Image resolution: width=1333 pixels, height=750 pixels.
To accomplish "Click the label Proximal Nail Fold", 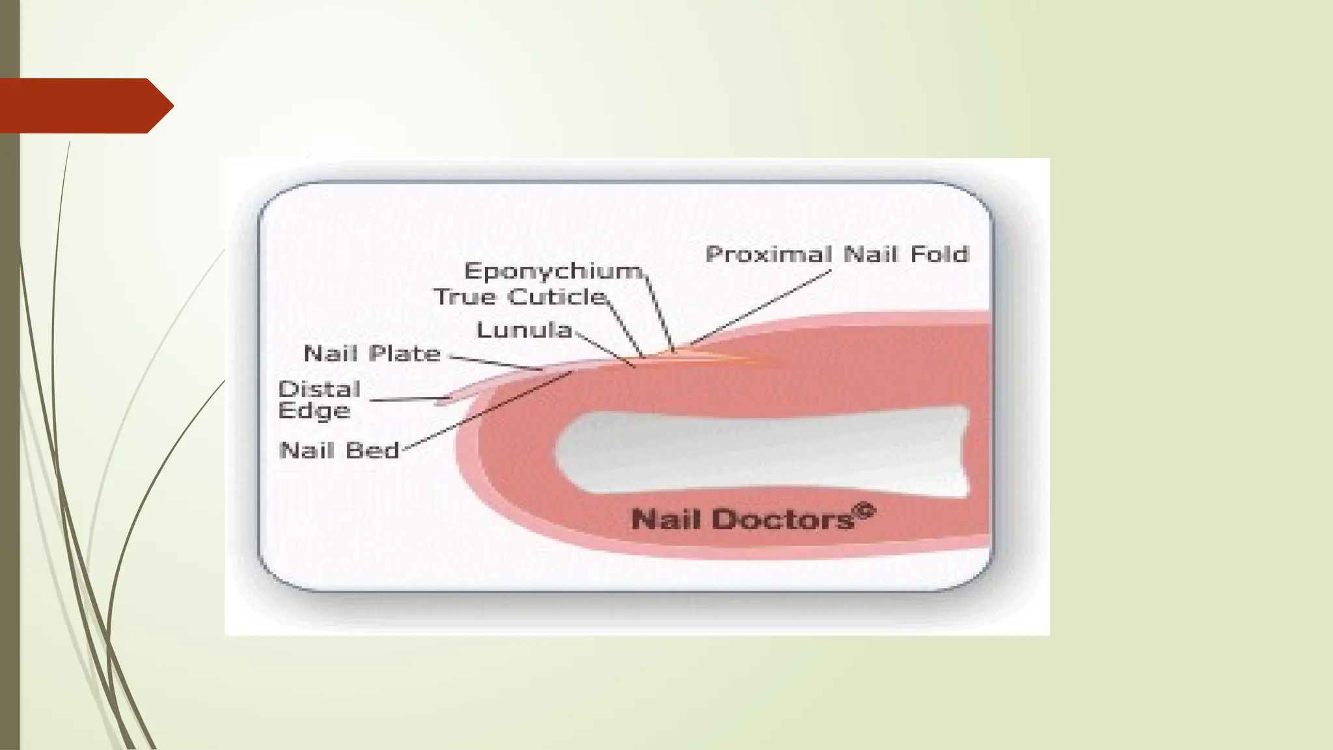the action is [x=838, y=254].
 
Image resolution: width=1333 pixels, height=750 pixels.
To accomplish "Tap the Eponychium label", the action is [x=554, y=271].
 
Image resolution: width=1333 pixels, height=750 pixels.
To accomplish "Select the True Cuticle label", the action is [x=521, y=297].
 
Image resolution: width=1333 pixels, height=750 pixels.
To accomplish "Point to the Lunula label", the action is [x=525, y=329].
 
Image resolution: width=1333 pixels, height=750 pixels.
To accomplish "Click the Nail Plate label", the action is [x=372, y=354].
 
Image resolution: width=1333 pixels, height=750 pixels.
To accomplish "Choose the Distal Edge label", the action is [x=319, y=400].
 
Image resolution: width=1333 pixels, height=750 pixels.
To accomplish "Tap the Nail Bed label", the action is [x=338, y=451].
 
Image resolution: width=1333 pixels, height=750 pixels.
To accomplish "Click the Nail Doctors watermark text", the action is [x=753, y=518].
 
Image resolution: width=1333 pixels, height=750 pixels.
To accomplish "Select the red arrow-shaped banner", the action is [x=87, y=105].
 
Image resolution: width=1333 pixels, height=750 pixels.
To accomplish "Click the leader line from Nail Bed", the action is [x=488, y=410].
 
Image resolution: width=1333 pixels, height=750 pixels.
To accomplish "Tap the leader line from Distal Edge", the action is [x=409, y=399].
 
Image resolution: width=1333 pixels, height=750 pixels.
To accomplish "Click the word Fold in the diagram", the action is [x=939, y=254].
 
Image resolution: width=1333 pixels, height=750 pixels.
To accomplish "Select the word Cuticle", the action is [x=558, y=297].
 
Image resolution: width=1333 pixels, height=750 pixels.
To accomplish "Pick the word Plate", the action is [x=405, y=354].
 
